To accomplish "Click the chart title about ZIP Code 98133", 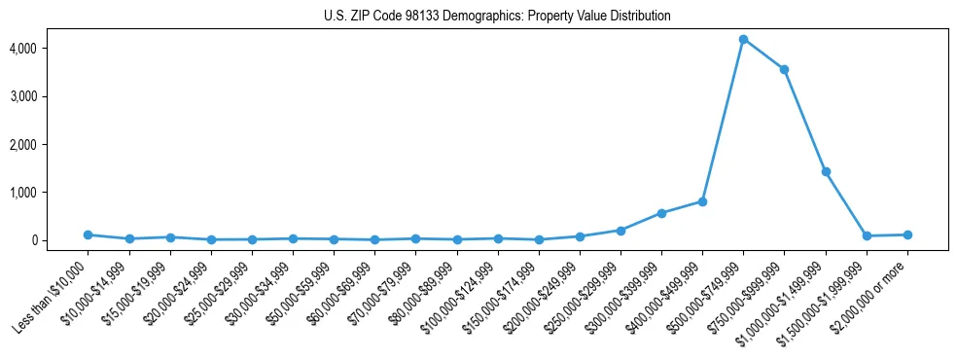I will (x=497, y=17).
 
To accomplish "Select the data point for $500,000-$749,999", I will (x=743, y=39).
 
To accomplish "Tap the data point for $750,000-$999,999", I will (x=784, y=69).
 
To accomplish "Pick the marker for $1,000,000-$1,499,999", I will (x=826, y=171).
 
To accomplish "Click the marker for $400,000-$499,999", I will (x=702, y=201).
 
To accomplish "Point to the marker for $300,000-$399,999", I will (x=661, y=213).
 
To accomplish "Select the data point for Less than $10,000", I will (x=88, y=234).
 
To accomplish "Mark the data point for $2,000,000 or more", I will (x=907, y=234).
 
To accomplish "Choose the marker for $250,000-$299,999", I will (x=620, y=231).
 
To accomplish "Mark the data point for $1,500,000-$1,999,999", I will (x=867, y=235).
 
